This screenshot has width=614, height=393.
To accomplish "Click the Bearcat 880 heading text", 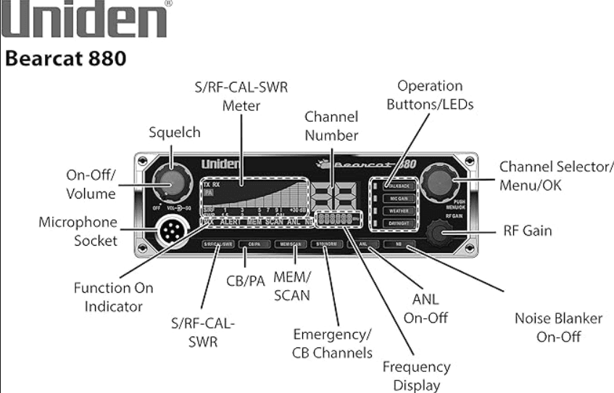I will [x=66, y=59].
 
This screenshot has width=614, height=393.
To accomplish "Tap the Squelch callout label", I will [x=174, y=133].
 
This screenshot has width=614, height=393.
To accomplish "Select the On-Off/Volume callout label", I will [x=91, y=186].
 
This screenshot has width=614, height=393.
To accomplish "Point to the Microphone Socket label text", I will [x=78, y=231].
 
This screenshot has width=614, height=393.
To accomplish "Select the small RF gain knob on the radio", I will [x=441, y=232].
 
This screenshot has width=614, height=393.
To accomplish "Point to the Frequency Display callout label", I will [x=416, y=376].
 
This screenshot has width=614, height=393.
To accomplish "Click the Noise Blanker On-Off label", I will [x=558, y=327].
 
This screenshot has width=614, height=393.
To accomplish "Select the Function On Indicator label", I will [x=113, y=297].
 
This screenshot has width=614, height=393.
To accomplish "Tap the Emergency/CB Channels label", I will [x=332, y=343].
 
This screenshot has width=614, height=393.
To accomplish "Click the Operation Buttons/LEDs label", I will [x=430, y=95].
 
